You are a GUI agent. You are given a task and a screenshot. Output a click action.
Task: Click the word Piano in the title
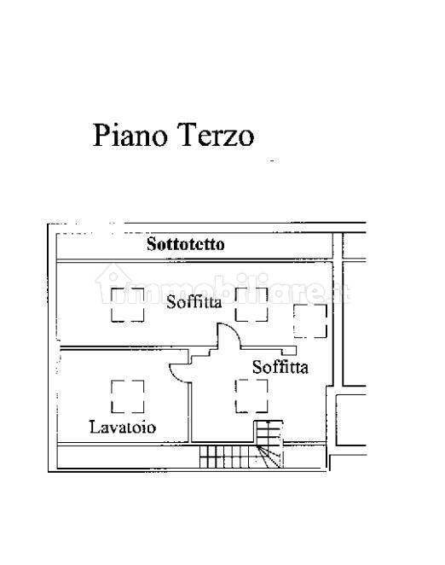[x=130, y=136]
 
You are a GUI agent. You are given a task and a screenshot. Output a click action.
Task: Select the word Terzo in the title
[x=216, y=135]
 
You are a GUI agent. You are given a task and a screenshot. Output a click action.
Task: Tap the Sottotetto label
[x=186, y=244]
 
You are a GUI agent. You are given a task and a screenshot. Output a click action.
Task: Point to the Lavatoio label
[x=123, y=428]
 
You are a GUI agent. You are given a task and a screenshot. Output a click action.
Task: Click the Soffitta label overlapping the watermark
[x=194, y=301]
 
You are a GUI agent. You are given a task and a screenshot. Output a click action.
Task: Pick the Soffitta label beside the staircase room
[x=280, y=367]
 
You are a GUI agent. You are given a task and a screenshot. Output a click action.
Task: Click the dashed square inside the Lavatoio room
[x=128, y=396]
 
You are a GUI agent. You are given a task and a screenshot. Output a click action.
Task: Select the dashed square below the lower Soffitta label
[x=251, y=396]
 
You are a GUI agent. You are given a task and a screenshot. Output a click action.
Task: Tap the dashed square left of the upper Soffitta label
[x=128, y=305]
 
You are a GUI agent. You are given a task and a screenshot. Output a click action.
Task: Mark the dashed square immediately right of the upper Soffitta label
[x=251, y=305]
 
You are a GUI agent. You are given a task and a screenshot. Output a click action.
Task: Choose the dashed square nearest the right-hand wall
[x=310, y=321]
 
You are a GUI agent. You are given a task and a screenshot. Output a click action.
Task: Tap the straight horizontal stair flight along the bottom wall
[x=228, y=457]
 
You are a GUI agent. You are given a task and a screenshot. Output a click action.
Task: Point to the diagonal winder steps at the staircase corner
[x=269, y=457]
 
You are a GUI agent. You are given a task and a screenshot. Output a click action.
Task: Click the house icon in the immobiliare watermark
[x=113, y=282]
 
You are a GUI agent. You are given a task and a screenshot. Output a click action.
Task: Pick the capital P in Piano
[x=101, y=135]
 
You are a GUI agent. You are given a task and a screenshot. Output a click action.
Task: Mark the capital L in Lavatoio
[x=95, y=428]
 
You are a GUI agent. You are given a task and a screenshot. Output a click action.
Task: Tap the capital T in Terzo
[x=187, y=135]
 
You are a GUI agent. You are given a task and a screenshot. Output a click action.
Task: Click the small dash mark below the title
[x=275, y=160]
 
